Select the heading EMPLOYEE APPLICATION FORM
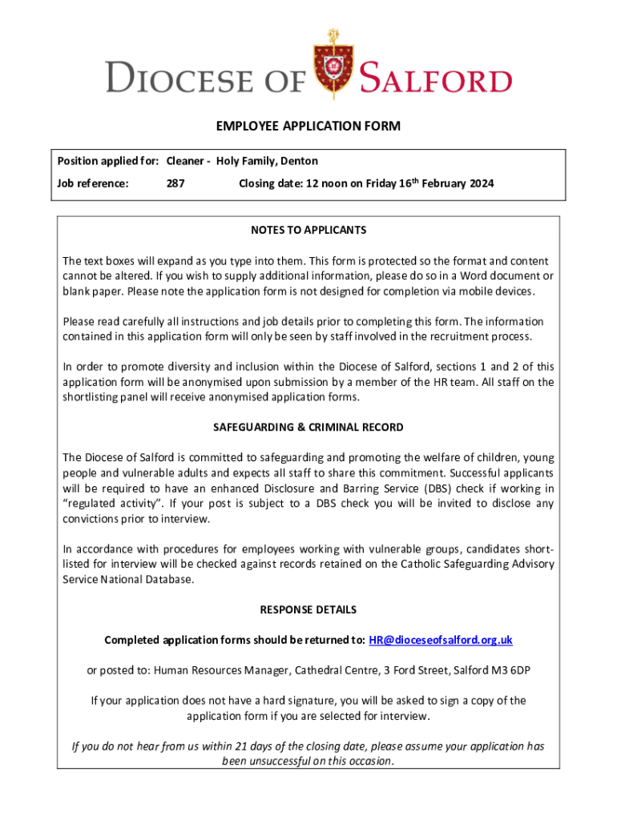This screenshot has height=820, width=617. (x=308, y=127)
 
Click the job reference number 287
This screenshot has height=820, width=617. (x=175, y=183)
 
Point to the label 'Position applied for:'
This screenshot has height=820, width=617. (x=108, y=161)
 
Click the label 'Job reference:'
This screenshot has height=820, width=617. (x=93, y=183)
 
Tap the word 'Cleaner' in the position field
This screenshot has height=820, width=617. (x=185, y=161)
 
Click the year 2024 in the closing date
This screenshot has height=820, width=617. (x=480, y=183)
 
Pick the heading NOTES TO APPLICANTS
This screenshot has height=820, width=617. (x=308, y=230)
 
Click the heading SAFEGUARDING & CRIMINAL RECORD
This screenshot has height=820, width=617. (x=308, y=427)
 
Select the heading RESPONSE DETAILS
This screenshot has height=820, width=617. (x=308, y=609)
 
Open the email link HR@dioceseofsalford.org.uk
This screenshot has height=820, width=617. (x=441, y=640)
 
